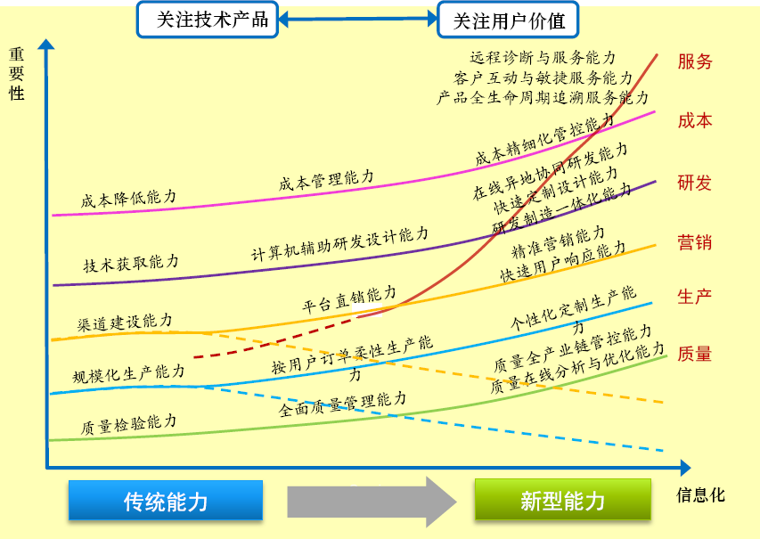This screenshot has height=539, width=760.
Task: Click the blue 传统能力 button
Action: [166, 501]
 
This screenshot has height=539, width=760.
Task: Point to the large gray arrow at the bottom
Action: [371, 501]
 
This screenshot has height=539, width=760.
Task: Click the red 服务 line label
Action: [695, 61]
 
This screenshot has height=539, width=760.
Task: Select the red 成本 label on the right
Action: [695, 120]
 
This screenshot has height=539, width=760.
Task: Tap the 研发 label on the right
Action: [695, 184]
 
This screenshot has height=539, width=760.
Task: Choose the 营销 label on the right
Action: [695, 242]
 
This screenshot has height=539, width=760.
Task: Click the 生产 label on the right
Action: [695, 297]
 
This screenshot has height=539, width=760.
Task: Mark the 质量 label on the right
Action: [695, 354]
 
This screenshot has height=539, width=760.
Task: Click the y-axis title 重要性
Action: [17, 73]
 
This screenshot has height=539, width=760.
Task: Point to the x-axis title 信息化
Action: [701, 495]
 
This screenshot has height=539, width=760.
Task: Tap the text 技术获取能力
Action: [131, 263]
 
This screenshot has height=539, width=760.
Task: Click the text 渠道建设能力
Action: [126, 322]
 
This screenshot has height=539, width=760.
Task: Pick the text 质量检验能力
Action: [128, 422]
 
